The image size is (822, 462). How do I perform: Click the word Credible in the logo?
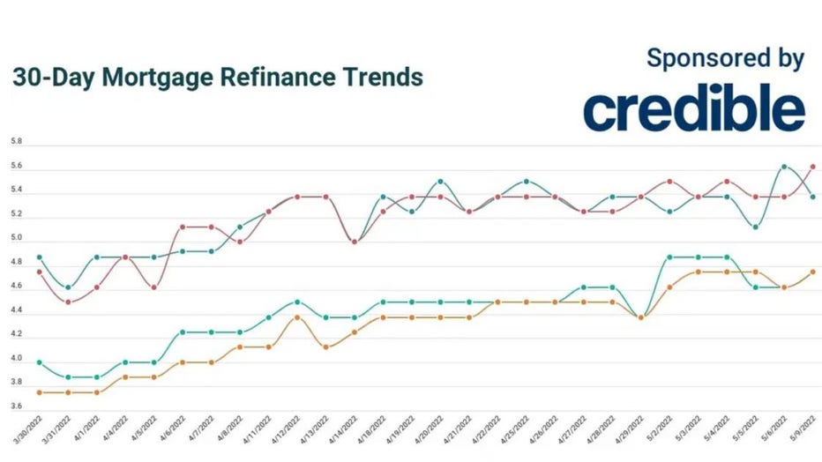click(x=693, y=110)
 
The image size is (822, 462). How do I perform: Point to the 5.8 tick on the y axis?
click(x=16, y=141)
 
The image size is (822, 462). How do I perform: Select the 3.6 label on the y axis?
click(x=16, y=406)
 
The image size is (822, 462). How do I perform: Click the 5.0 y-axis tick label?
click(x=16, y=238)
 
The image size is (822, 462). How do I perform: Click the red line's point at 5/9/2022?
click(x=812, y=166)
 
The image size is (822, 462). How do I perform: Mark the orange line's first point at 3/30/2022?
click(x=39, y=392)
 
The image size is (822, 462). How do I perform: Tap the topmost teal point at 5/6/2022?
click(x=783, y=166)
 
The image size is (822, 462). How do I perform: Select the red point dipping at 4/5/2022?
click(x=153, y=287)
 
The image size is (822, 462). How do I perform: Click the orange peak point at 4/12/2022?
click(x=297, y=317)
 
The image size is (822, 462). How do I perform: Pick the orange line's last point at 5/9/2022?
click(x=812, y=272)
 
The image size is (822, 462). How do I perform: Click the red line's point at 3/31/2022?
click(x=68, y=302)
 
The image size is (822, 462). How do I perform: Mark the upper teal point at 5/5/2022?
click(x=754, y=227)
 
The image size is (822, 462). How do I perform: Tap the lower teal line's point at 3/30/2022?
click(x=39, y=362)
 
